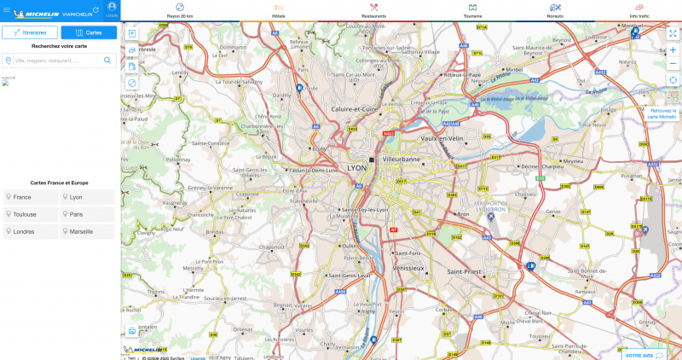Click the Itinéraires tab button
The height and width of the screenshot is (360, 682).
[x=30, y=32]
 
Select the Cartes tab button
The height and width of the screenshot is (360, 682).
[x=90, y=32]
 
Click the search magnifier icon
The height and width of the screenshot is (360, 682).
[x=108, y=61]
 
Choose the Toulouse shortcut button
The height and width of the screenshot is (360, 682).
[x=30, y=214]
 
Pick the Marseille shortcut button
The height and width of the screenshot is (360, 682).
[x=87, y=231]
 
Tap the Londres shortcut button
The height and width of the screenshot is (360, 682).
[x=30, y=231]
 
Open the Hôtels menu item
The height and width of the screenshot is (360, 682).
[x=279, y=10]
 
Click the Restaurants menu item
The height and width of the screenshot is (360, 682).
[x=373, y=10]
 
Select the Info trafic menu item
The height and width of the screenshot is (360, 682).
[x=639, y=10]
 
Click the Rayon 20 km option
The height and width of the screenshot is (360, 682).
[x=180, y=10]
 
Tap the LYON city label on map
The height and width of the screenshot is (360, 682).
[x=357, y=168]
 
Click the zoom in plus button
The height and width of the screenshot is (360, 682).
[x=673, y=50]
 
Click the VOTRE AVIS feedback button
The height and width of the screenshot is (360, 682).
[x=644, y=355]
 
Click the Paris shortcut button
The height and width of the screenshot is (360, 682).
[x=87, y=214]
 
